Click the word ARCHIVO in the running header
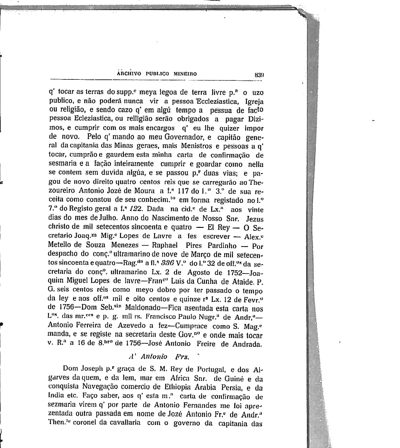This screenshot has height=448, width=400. tap(129, 74)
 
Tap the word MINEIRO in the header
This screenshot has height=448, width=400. tap(185, 74)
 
